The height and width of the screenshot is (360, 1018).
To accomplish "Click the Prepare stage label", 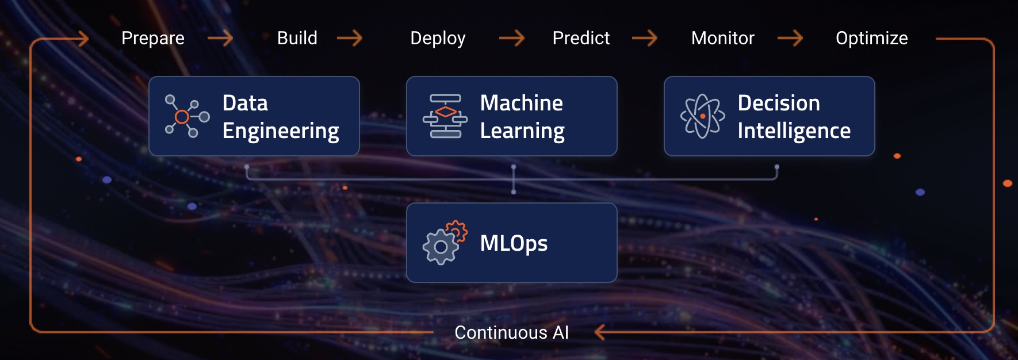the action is [x=153, y=39].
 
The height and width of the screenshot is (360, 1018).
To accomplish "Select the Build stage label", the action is [x=297, y=38].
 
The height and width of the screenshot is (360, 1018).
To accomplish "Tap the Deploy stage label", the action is [x=438, y=39].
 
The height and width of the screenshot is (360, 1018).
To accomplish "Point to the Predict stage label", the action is [x=581, y=38].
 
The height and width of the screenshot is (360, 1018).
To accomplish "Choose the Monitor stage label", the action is [x=723, y=38].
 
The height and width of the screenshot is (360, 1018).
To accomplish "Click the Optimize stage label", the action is [x=872, y=39].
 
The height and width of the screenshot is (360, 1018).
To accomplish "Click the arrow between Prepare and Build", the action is [x=220, y=39].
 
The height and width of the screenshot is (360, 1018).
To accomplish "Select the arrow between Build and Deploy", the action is [x=350, y=39].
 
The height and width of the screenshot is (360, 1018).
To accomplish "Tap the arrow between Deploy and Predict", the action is [x=512, y=39].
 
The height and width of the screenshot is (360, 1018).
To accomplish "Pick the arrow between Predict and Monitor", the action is [x=645, y=39].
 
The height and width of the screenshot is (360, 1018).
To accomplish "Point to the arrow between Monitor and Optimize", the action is [x=790, y=39].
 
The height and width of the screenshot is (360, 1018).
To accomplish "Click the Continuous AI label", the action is [x=511, y=332].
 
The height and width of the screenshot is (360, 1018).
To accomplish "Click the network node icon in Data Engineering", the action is [x=187, y=116].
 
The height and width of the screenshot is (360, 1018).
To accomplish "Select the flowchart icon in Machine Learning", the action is [x=445, y=116].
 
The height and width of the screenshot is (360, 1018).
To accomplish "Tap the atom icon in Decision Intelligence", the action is [x=702, y=116].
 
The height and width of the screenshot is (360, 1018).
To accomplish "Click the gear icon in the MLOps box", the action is [x=444, y=243].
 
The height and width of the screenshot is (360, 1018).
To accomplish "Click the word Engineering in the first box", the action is [x=281, y=131].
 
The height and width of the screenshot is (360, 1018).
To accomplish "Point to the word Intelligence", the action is [x=794, y=131].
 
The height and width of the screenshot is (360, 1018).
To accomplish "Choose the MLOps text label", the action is [x=514, y=243].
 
